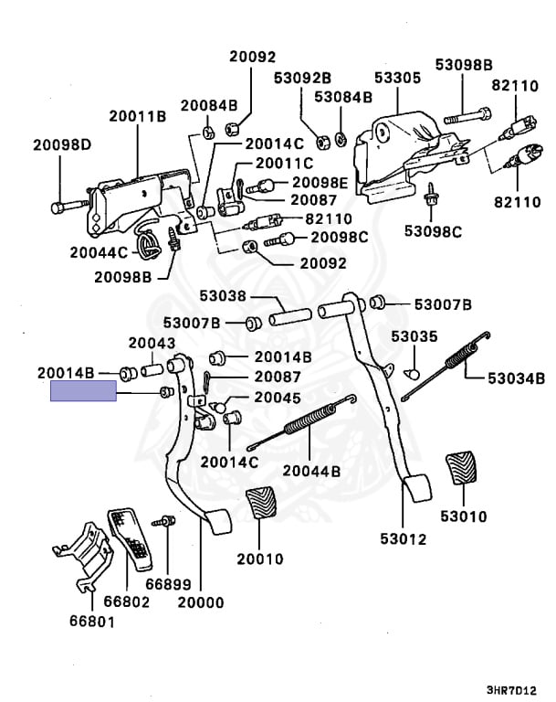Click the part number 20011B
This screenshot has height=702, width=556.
click(137, 116)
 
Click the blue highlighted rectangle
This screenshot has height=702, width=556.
click(83, 393)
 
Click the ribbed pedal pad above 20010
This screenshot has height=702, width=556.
click(263, 510)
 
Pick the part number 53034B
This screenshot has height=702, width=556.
click(515, 378)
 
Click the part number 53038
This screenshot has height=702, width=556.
click(223, 295)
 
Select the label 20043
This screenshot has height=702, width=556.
click(151, 343)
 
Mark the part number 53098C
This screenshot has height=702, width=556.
click(433, 231)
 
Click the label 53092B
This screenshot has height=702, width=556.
click(302, 78)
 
